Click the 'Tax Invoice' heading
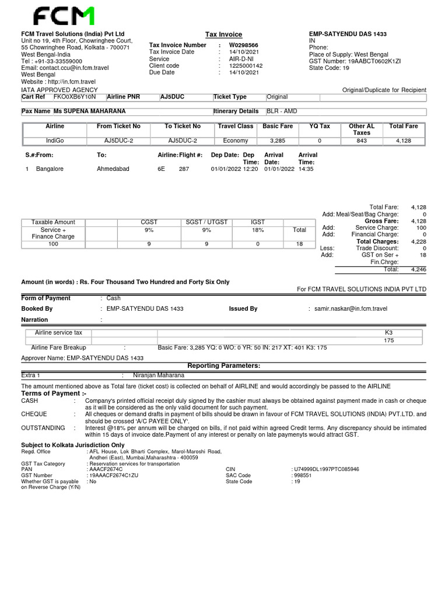223,34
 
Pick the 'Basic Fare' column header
278,126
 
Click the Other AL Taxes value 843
362,141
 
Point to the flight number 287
184,169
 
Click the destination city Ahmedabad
113,169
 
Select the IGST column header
258,222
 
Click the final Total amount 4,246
418,269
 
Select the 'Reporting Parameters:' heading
223,366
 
